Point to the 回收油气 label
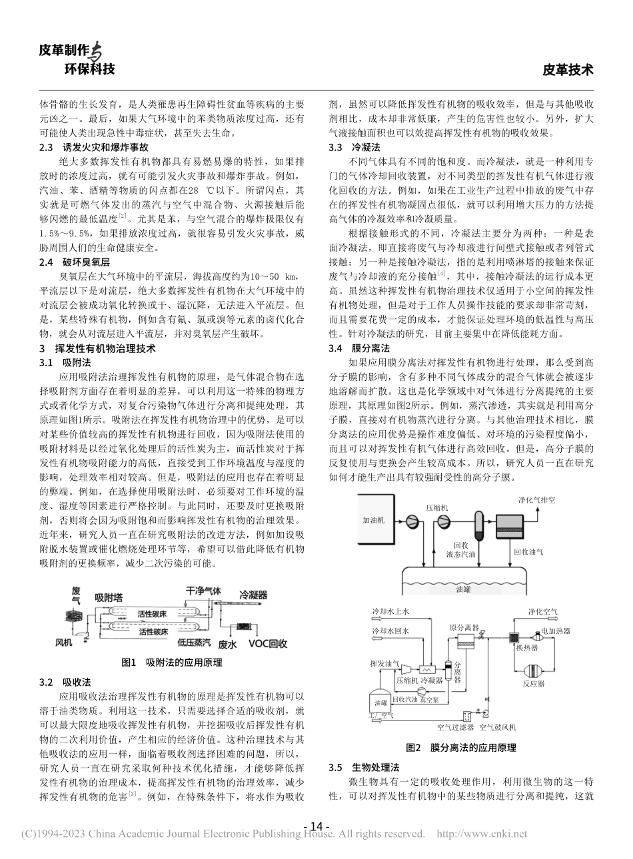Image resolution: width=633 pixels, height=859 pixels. (528, 551)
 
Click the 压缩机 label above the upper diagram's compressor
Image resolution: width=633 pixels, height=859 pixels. (437, 507)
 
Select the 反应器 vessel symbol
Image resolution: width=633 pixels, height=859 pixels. (533, 669)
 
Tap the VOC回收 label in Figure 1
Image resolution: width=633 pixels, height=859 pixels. (268, 644)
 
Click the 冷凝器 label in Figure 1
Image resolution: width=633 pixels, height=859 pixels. (253, 594)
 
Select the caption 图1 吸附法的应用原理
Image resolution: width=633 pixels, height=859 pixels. (172, 663)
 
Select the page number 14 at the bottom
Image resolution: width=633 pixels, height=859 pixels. (316, 826)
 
